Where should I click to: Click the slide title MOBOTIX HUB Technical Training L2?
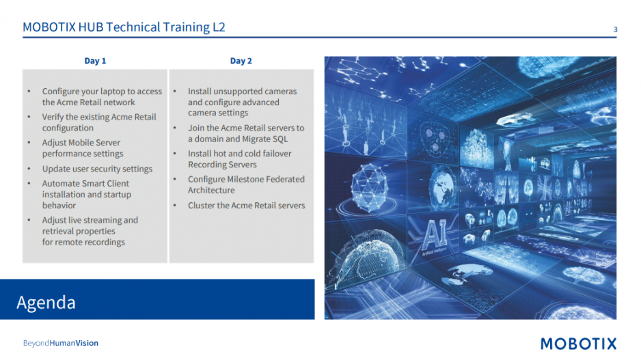coord(124,27)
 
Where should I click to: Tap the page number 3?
coord(615,29)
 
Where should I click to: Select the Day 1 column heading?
coord(95,61)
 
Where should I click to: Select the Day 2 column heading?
coord(241,61)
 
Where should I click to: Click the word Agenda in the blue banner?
coord(46,303)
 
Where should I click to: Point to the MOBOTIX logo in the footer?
coord(578,344)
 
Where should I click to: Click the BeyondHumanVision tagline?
coord(61,343)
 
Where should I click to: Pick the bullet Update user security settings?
coord(97,169)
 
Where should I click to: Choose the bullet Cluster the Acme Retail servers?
coord(247,205)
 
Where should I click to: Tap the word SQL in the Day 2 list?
coord(280,139)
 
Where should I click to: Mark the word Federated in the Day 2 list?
coord(284,179)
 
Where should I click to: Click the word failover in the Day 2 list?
coord(277,154)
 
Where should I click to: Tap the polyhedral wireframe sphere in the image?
coord(370,188)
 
